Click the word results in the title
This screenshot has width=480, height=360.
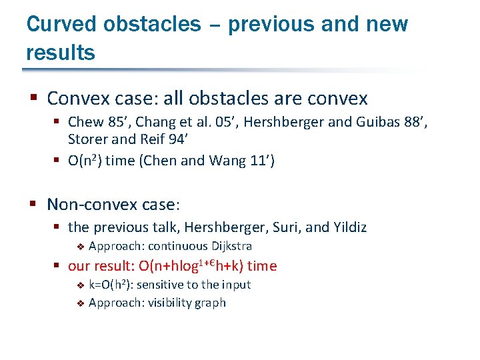click(x=61, y=52)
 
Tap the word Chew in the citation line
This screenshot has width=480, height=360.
click(x=85, y=122)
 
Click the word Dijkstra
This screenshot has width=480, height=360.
click(x=232, y=246)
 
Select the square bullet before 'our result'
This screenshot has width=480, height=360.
click(x=58, y=266)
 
